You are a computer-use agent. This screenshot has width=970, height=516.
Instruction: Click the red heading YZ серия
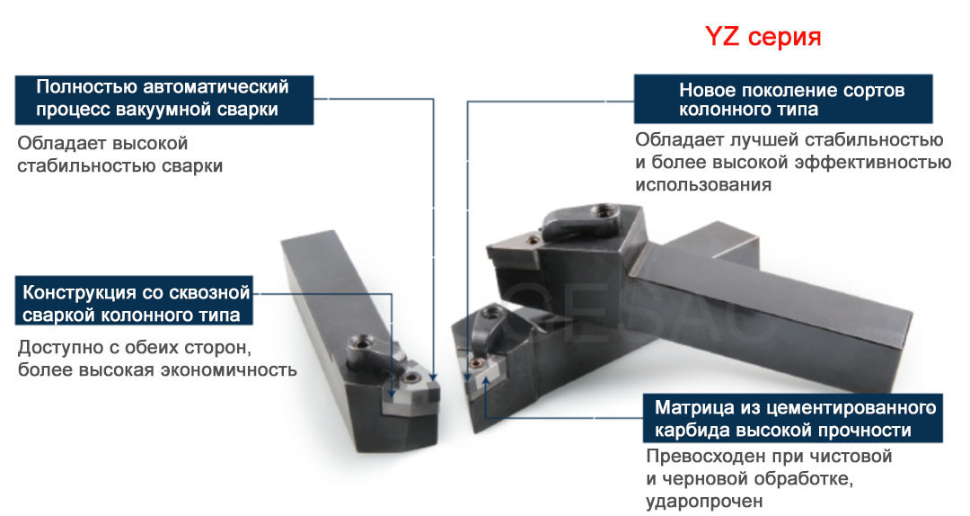(x=763, y=37)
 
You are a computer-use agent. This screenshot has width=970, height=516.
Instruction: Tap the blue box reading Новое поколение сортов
(x=782, y=100)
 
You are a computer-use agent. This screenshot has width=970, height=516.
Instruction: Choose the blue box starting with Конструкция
(x=135, y=304)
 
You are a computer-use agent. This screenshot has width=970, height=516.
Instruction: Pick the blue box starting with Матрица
(x=794, y=418)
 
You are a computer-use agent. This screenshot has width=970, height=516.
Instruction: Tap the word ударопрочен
(x=704, y=501)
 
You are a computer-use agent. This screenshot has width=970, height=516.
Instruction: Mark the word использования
(x=702, y=185)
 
